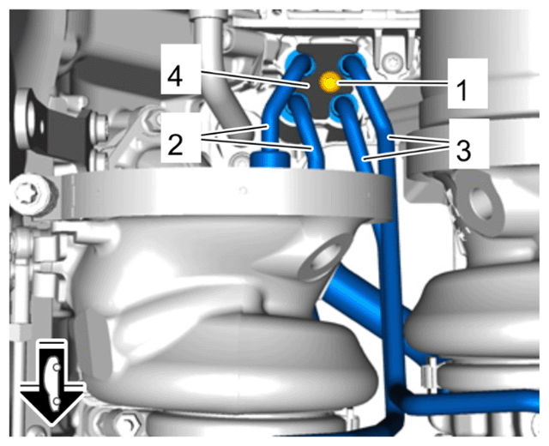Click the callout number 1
pos(462,90)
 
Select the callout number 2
pos(175,145)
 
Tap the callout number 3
pos(463,150)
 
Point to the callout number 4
pos(175,76)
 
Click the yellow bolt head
pos(329,82)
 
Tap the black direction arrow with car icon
pos(51,382)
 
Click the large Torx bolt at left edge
pos(33,195)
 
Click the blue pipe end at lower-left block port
pos(297,105)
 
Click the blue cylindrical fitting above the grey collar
pos(270,160)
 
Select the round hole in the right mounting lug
pos(482,203)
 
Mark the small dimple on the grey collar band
pos(242,190)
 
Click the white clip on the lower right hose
pos(429,374)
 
